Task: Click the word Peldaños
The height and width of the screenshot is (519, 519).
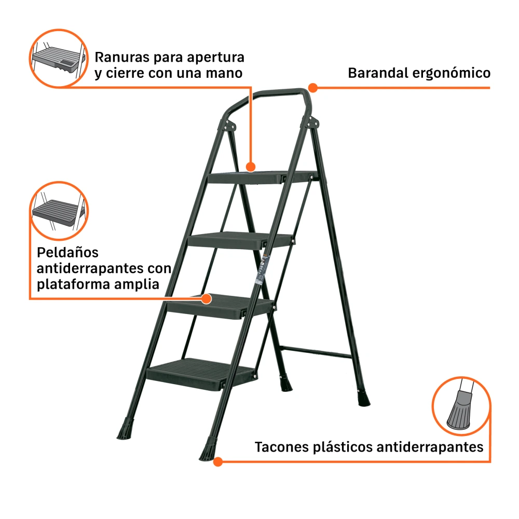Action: click(x=67, y=253)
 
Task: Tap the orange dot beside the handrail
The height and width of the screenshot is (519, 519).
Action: click(x=313, y=88)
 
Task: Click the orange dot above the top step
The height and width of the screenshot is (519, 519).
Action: click(x=251, y=167)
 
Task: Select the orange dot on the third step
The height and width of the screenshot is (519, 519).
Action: click(x=207, y=299)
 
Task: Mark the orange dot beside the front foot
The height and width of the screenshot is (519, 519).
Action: click(x=218, y=462)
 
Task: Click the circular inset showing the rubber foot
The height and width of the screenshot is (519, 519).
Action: click(x=461, y=406)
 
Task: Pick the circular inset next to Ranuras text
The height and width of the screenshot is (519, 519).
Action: click(x=59, y=58)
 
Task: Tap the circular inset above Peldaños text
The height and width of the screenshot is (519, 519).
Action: click(x=59, y=211)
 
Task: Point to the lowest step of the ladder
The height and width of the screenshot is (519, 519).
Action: click(x=201, y=374)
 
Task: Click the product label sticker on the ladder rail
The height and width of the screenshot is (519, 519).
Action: click(x=263, y=270)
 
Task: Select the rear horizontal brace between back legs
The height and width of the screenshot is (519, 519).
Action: click(x=316, y=352)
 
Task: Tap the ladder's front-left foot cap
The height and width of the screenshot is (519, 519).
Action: click(x=126, y=429)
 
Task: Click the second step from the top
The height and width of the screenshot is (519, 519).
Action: click(x=241, y=241)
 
